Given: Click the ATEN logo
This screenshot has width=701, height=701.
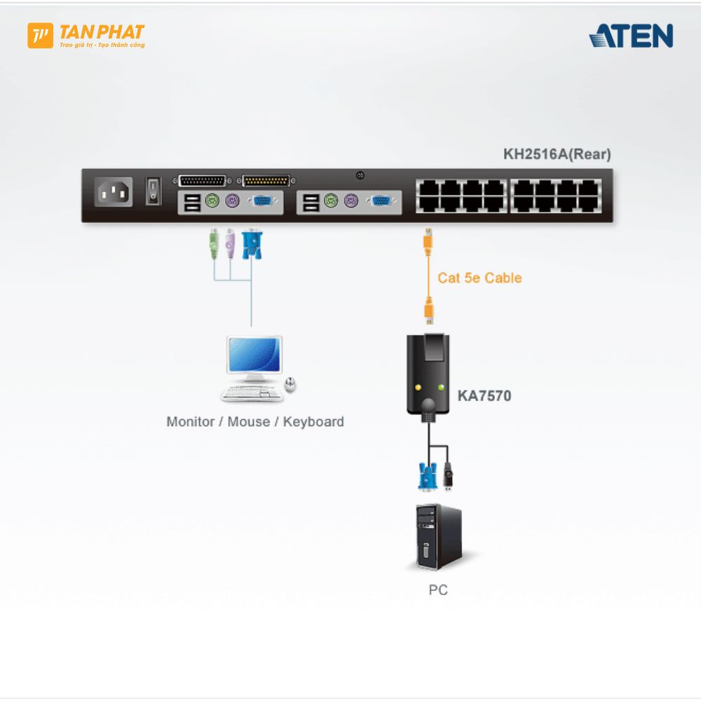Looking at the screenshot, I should coord(631,36).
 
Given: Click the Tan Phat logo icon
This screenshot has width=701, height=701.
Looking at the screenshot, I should coord(40,36).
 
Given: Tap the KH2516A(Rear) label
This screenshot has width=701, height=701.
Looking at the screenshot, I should coord(557,154).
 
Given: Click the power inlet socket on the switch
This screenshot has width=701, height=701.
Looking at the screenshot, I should coord(112,192).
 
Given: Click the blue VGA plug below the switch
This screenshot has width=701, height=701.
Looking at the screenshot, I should coord(250,243).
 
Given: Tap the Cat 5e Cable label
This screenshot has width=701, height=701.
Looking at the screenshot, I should coord(479,278).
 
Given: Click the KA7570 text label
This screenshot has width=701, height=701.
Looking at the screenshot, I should coord(484,396).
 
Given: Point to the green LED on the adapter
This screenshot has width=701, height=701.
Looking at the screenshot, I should coord(442,387).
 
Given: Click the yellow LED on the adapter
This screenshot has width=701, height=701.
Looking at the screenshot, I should coord(418,387).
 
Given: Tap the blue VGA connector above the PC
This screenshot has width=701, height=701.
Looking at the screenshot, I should coord(428,477).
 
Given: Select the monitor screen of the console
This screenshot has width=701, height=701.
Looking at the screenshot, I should coord(254,355).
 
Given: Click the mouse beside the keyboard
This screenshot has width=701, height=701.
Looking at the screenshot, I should coord(290,384).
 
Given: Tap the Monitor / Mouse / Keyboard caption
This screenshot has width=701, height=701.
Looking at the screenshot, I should coord(255,422).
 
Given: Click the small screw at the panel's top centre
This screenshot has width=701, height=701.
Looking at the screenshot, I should coord(360,175).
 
